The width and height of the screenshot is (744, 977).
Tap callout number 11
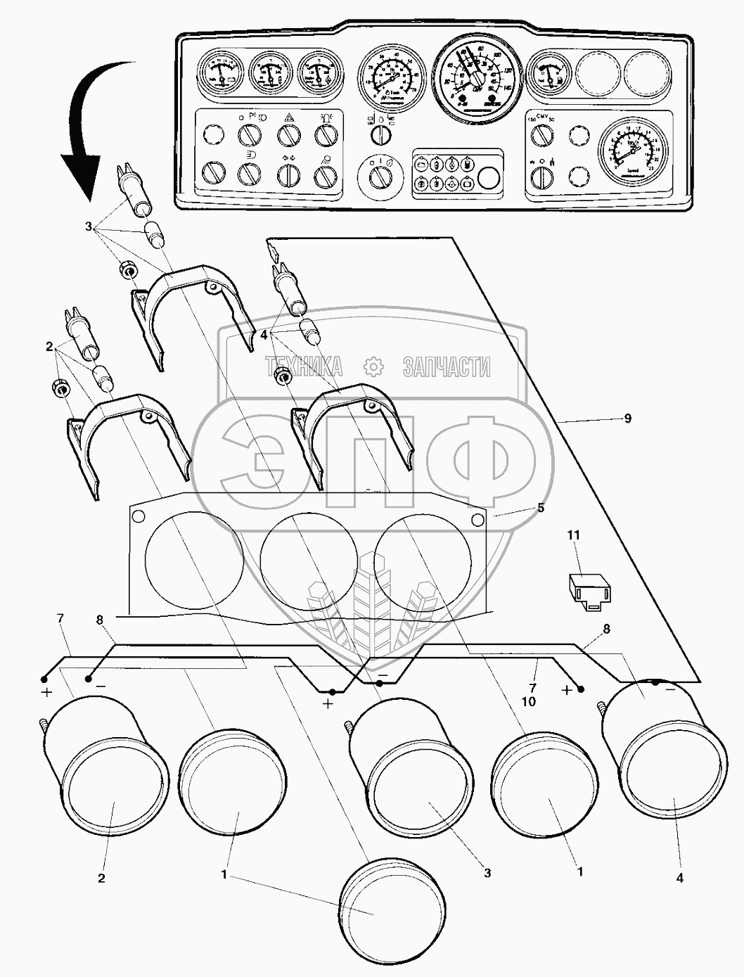click(x=574, y=536)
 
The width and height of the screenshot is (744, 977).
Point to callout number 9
click(x=627, y=419)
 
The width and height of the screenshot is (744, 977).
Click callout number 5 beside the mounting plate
click(x=540, y=508)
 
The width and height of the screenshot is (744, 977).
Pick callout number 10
click(x=529, y=702)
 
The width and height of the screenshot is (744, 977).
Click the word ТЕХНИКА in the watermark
click(x=303, y=366)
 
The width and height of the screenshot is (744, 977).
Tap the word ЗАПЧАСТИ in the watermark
click(x=447, y=366)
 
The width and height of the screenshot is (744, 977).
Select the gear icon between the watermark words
click(x=373, y=366)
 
